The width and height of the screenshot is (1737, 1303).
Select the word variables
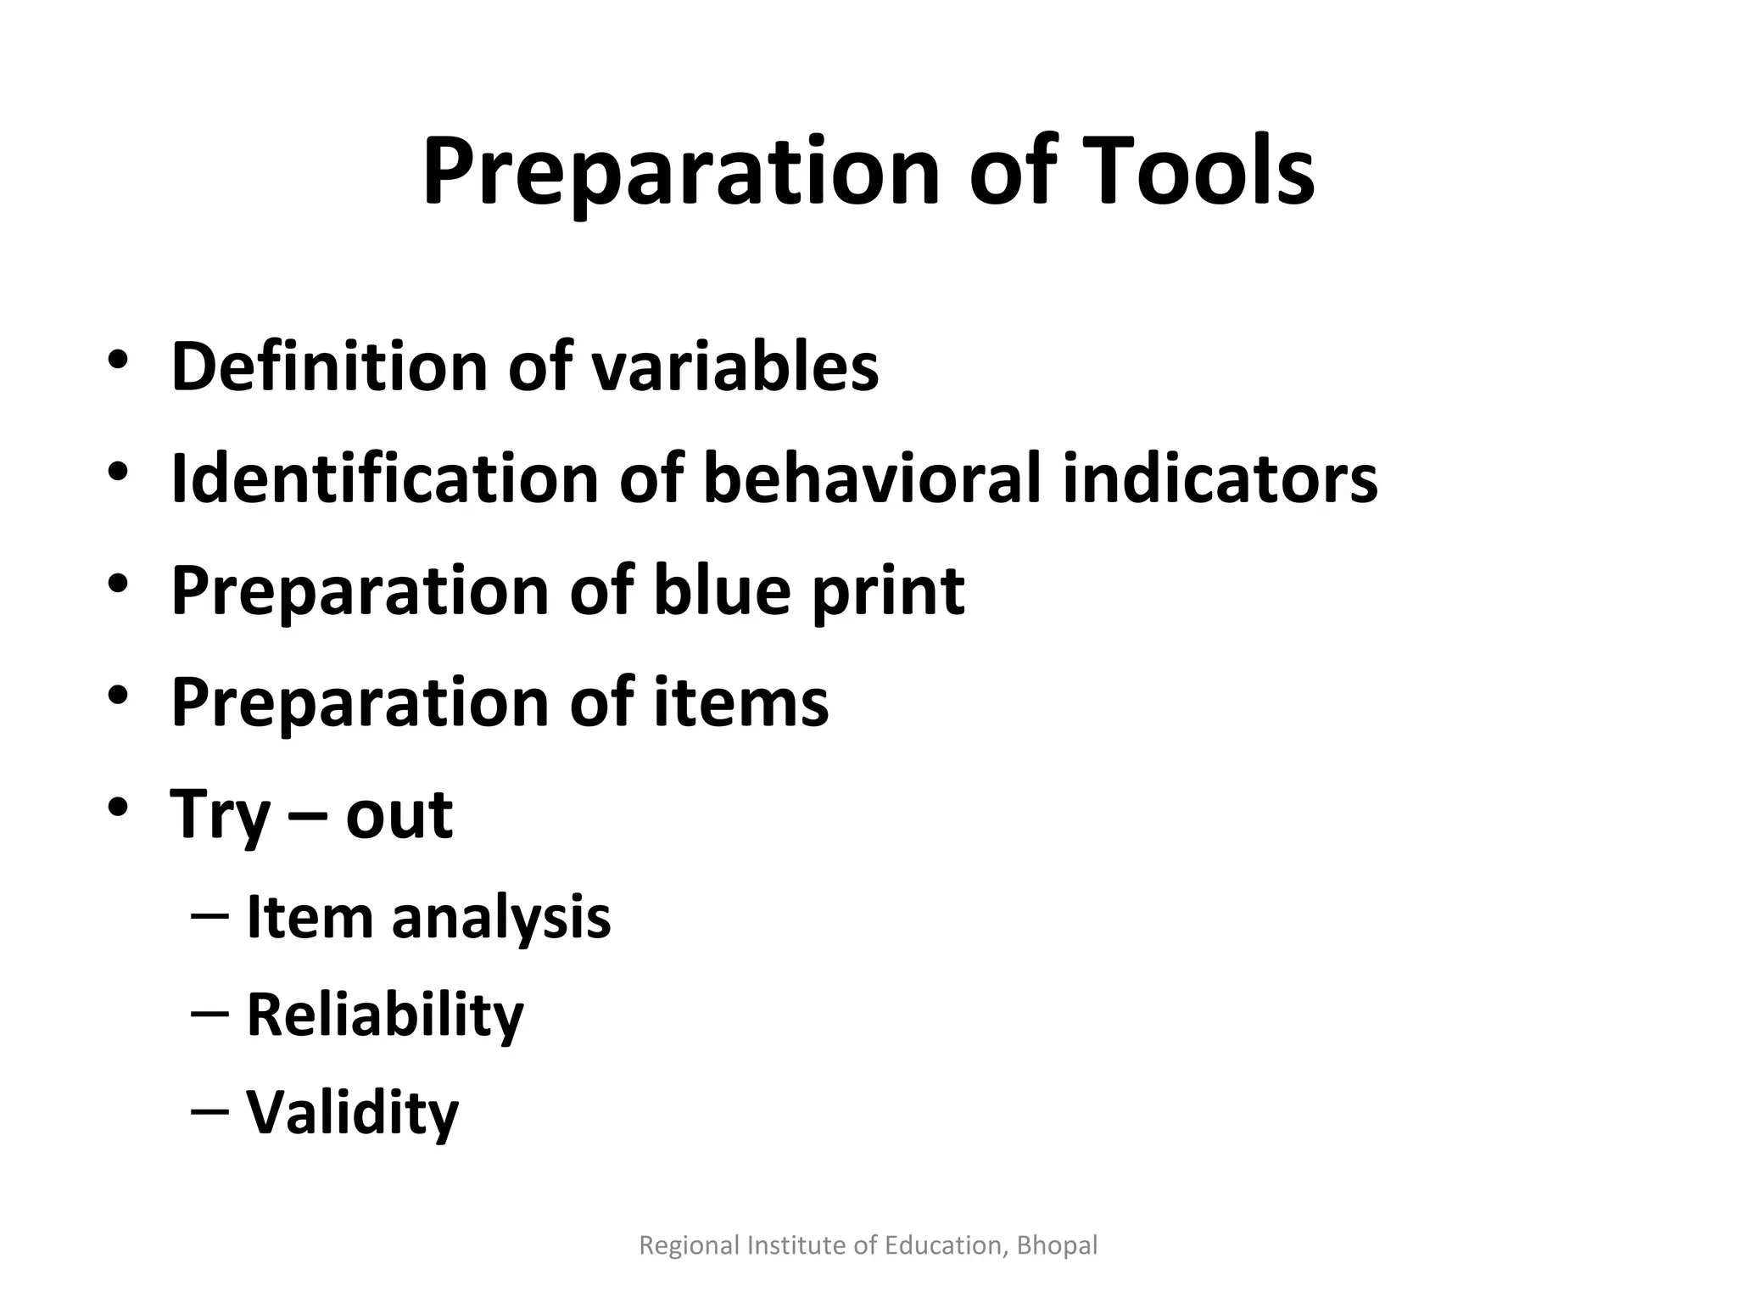tap(734, 366)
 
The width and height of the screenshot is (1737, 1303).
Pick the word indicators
tap(1220, 478)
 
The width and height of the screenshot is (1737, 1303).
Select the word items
tap(740, 702)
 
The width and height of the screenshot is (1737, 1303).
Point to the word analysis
tap(500, 919)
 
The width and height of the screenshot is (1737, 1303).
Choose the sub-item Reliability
tap(385, 1015)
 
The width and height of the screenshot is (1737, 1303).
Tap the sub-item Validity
tap(352, 1112)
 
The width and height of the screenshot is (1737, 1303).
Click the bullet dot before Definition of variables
tap(118, 360)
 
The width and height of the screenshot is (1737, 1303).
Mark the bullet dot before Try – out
tap(118, 808)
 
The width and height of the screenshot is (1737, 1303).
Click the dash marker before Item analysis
tap(209, 916)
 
